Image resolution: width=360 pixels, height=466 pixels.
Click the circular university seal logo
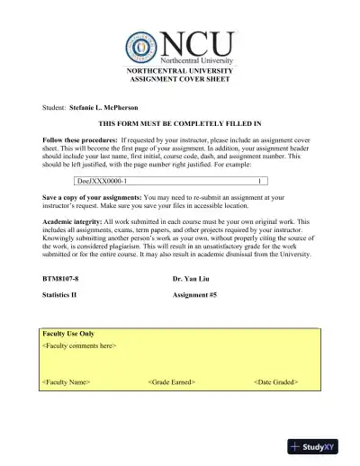[x=142, y=49]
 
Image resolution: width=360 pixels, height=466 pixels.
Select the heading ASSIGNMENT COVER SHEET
[x=180, y=78]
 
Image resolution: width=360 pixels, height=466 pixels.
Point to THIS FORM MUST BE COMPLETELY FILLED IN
[x=179, y=123]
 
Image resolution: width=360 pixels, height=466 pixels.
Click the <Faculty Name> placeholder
[x=66, y=381]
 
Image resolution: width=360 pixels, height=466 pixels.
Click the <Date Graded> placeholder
[x=275, y=381]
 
